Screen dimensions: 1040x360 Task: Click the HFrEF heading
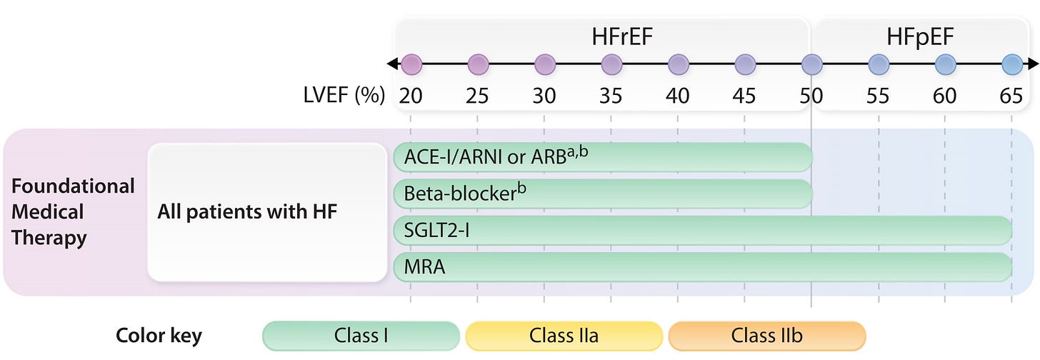(x=622, y=36)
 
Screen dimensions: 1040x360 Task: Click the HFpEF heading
(x=920, y=37)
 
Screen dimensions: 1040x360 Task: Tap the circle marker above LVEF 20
(x=411, y=64)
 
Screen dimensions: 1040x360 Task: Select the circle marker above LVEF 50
(x=811, y=64)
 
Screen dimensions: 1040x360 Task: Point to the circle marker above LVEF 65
(x=1012, y=64)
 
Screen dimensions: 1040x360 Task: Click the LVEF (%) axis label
(x=344, y=96)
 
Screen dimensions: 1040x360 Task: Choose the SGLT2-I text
(x=436, y=230)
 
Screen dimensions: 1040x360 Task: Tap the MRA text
(x=424, y=266)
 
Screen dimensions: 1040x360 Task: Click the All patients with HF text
(x=247, y=212)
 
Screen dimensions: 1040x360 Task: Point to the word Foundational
(x=73, y=186)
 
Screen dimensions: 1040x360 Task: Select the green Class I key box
(x=361, y=336)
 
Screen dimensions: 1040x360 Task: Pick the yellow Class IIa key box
(x=564, y=336)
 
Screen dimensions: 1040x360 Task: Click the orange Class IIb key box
(x=767, y=336)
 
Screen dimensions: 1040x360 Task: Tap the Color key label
(x=159, y=336)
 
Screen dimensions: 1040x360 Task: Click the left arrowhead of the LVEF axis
(x=392, y=64)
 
